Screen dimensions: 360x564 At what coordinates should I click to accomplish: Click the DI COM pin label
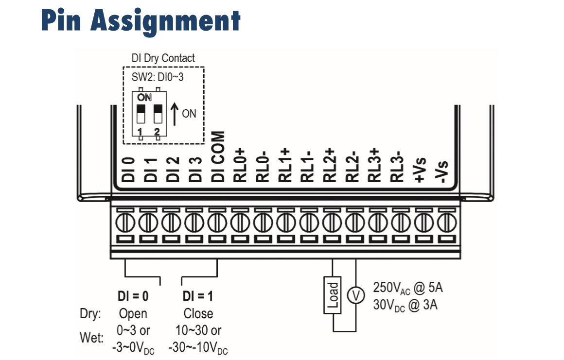click(218, 156)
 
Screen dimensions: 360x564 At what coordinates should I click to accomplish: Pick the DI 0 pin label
click(128, 170)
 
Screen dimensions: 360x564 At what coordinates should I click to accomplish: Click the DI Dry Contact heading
click(163, 58)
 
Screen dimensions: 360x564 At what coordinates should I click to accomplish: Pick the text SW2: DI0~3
click(158, 76)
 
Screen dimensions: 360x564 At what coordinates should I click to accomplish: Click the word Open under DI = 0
click(133, 313)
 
